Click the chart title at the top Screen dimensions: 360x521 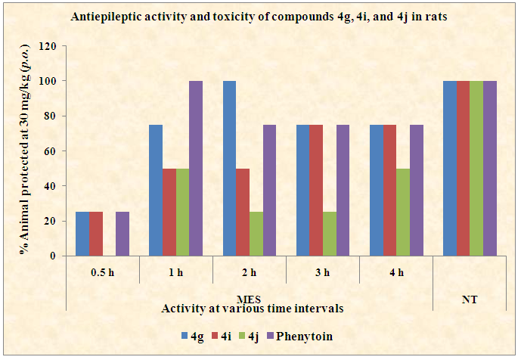(x=259, y=17)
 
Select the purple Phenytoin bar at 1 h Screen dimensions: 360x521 (x=195, y=168)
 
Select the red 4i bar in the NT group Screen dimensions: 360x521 (x=463, y=168)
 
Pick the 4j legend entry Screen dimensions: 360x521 (x=257, y=335)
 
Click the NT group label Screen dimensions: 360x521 (x=470, y=300)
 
